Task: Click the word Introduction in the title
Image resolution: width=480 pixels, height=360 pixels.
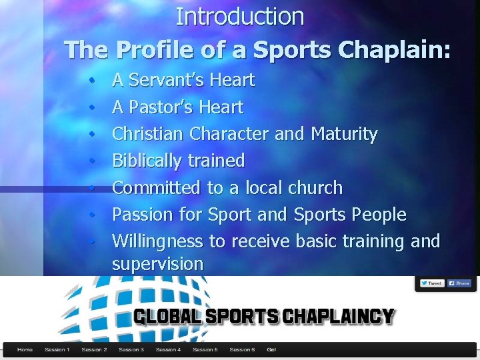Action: (240, 17)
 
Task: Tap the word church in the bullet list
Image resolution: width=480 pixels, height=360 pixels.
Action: (315, 188)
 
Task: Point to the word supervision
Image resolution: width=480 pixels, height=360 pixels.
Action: (157, 264)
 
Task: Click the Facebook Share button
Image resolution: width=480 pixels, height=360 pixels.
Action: (459, 283)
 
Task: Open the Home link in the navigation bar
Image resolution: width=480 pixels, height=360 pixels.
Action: (25, 349)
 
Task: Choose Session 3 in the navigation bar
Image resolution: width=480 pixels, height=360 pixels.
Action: (131, 349)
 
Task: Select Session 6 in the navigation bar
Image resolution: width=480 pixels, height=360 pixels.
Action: (241, 349)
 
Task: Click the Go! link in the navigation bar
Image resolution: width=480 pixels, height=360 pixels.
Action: (271, 349)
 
